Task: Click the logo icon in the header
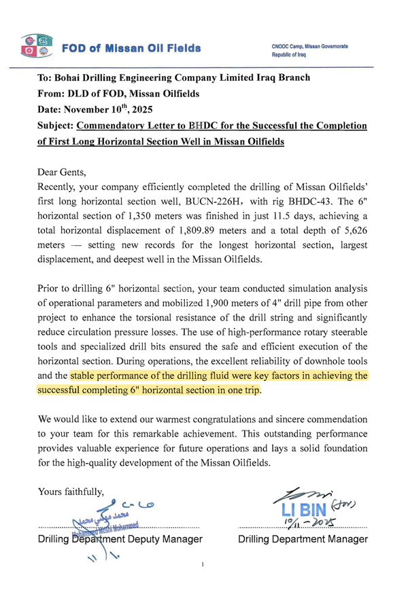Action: click(35, 45)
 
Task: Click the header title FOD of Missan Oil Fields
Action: click(131, 48)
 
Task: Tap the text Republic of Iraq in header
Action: click(289, 55)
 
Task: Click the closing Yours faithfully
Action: click(71, 492)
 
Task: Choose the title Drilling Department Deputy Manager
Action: click(120, 539)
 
